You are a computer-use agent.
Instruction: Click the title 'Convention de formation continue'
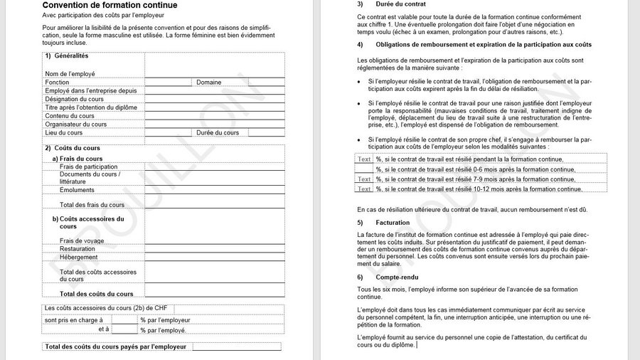[110, 6]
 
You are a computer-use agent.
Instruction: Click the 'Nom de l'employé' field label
[70, 74]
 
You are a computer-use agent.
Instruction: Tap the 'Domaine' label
[209, 83]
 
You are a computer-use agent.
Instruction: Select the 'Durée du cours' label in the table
[218, 133]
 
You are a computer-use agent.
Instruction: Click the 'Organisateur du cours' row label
[75, 125]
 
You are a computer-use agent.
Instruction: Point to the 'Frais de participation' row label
[88, 166]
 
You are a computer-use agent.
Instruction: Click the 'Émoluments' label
[77, 190]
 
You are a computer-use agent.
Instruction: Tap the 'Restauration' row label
[78, 249]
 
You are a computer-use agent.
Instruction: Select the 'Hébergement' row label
[78, 258]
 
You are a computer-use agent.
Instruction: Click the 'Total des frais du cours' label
[92, 205]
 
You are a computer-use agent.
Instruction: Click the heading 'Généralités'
[71, 56]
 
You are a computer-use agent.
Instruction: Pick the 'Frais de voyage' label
[82, 241]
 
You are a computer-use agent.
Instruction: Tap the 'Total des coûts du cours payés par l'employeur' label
[116, 347]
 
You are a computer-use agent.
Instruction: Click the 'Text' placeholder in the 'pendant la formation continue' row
[364, 159]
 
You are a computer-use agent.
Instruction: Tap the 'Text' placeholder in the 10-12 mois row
[364, 189]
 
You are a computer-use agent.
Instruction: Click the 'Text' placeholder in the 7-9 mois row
[364, 179]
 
